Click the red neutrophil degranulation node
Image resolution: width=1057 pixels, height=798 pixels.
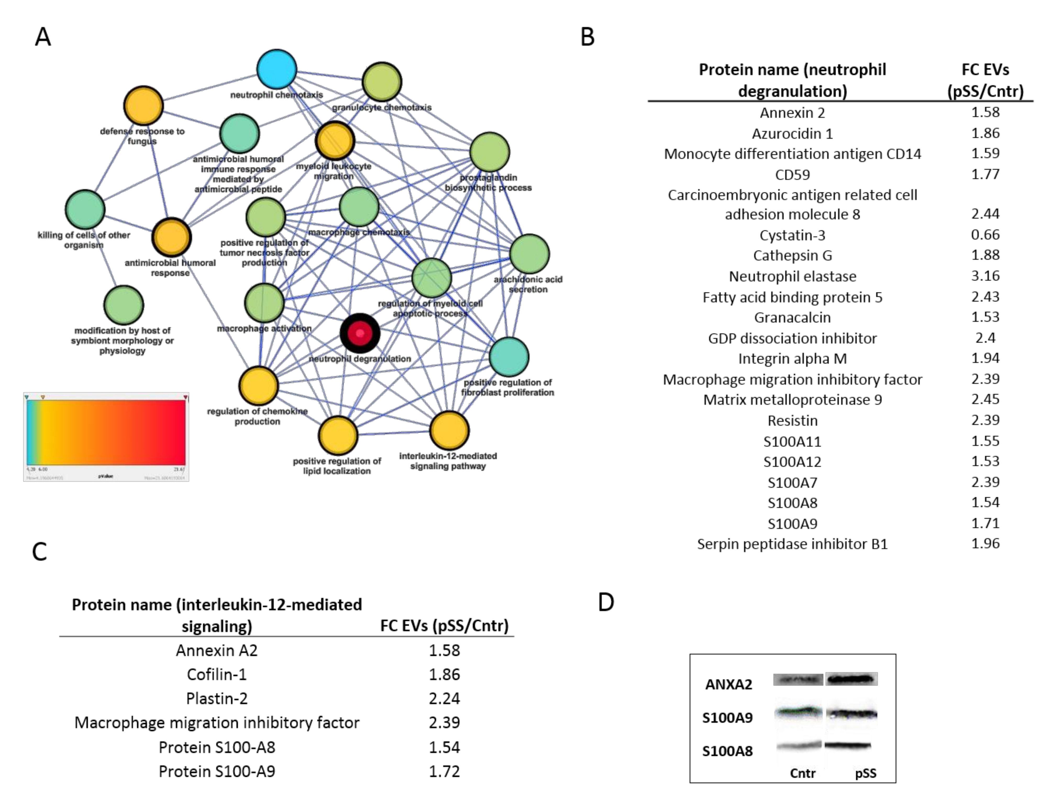360,333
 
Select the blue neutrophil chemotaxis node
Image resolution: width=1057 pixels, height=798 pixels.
277,69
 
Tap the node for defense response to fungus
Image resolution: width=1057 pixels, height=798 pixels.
143,106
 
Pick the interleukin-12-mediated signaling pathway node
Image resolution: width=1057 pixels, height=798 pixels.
449,431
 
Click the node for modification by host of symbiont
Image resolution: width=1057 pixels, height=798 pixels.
123,305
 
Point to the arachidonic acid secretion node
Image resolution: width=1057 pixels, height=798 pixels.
529,254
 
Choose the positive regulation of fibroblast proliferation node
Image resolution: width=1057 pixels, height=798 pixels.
509,357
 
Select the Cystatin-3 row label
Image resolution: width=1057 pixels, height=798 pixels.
792,235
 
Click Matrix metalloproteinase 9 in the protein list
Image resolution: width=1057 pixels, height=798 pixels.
792,399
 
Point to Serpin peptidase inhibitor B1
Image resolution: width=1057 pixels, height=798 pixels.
792,544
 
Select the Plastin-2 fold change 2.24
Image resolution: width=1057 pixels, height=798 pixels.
444,698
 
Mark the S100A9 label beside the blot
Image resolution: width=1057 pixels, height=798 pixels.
727,718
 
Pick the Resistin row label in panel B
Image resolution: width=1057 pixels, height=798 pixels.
792,421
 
